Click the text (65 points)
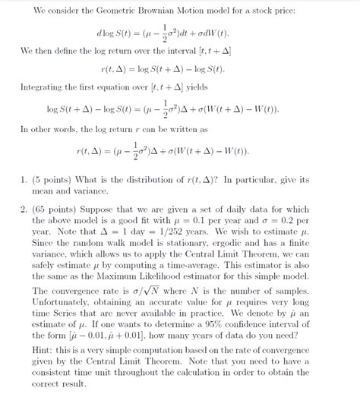[x=63, y=210]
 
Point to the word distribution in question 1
[x=166, y=180]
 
